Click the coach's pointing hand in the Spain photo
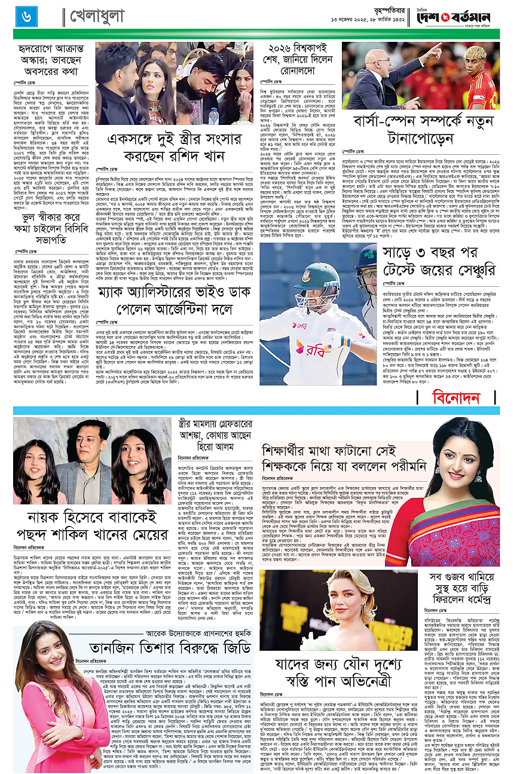click(440, 51)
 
